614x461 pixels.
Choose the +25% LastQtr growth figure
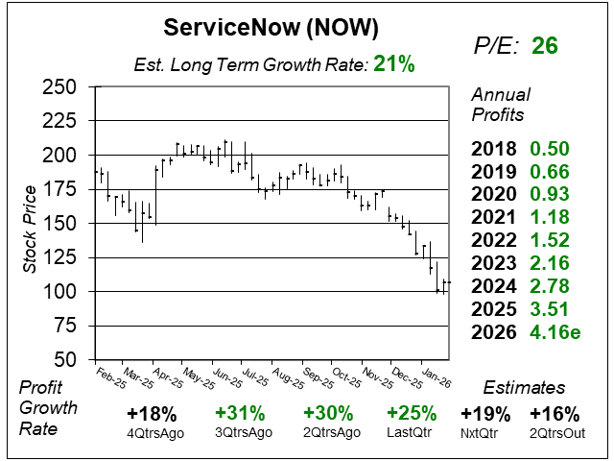411,414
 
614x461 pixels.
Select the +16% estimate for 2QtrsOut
555,414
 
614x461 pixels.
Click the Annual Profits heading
498,105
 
